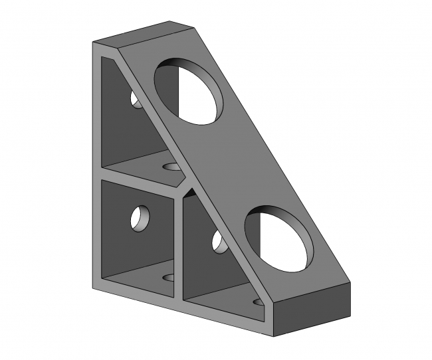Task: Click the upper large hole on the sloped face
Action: [x=189, y=92]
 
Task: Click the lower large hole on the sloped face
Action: [x=279, y=238]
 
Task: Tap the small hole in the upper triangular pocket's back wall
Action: [x=135, y=100]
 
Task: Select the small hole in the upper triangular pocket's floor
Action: [x=173, y=167]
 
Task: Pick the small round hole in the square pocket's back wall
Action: [x=141, y=217]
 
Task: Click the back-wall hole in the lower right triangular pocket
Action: [x=218, y=242]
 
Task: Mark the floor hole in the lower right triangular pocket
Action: [x=257, y=302]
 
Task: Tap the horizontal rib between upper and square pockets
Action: [x=140, y=179]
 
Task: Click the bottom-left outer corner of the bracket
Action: [x=92, y=288]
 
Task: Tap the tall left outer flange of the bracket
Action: [x=96, y=166]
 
